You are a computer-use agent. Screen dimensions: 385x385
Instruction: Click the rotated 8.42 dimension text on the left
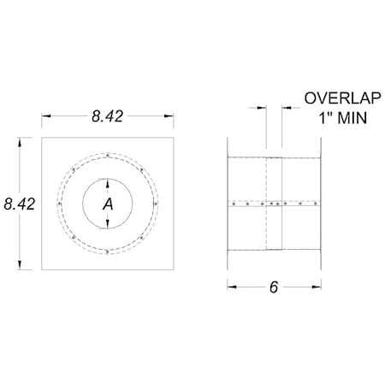coord(19,203)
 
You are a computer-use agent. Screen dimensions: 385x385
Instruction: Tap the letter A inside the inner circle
coord(107,204)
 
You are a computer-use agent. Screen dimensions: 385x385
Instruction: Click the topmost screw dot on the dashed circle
coord(107,155)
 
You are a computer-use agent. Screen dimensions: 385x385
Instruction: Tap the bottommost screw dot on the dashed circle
coord(107,252)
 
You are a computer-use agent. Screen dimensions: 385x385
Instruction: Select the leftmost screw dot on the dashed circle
coord(57,204)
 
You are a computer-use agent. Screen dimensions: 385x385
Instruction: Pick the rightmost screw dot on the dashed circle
coord(156,204)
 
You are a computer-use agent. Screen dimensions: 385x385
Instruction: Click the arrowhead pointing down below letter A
coord(107,226)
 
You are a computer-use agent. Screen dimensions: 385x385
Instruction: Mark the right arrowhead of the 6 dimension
coord(321,287)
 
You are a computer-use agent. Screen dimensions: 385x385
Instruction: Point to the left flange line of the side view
coord(228,204)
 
